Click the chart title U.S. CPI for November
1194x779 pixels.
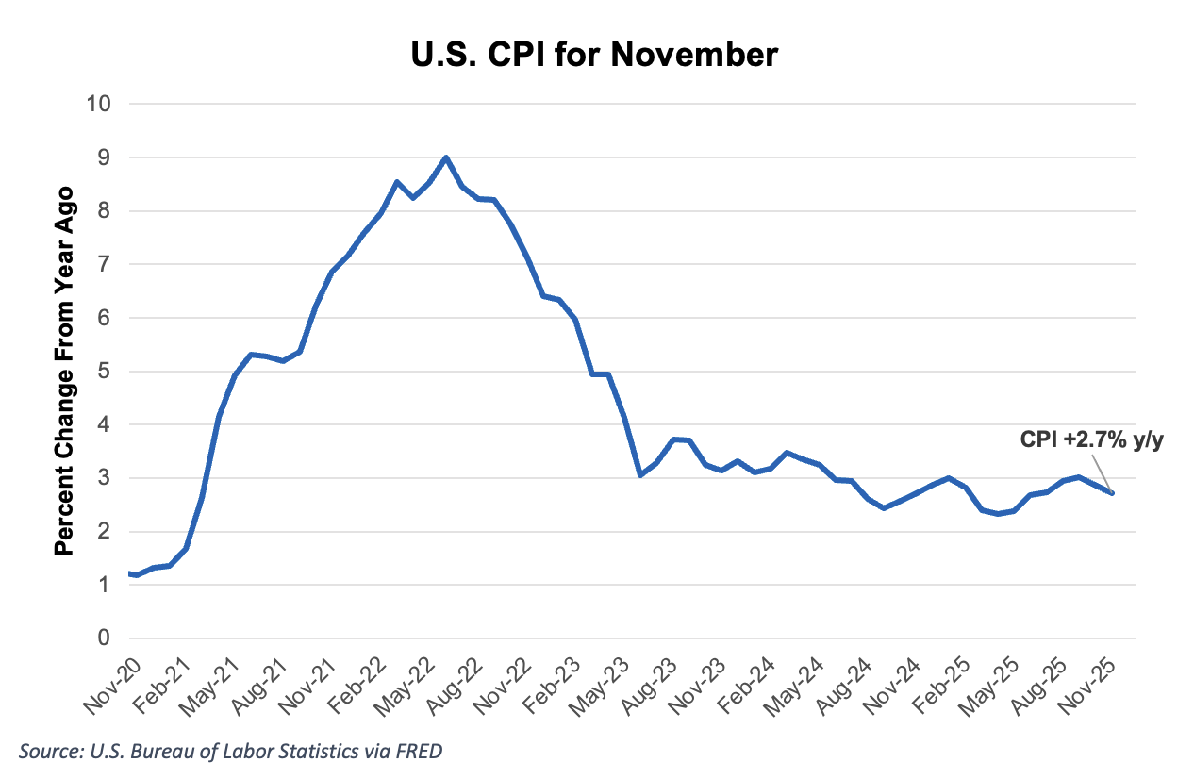[x=595, y=54]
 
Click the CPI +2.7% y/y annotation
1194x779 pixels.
[x=1090, y=439]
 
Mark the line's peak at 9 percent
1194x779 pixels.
[x=446, y=157]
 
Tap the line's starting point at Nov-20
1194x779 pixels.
[x=128, y=573]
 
